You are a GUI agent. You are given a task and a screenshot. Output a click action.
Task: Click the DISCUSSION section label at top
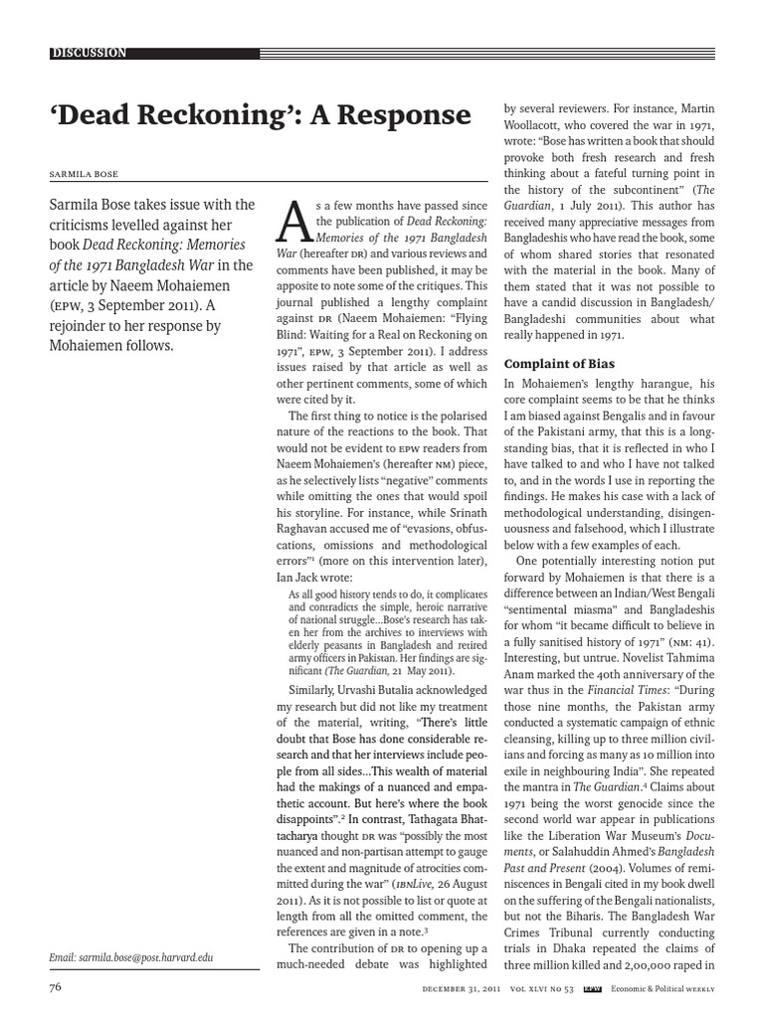tap(90, 53)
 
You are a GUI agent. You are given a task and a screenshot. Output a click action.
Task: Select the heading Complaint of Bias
tap(560, 363)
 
